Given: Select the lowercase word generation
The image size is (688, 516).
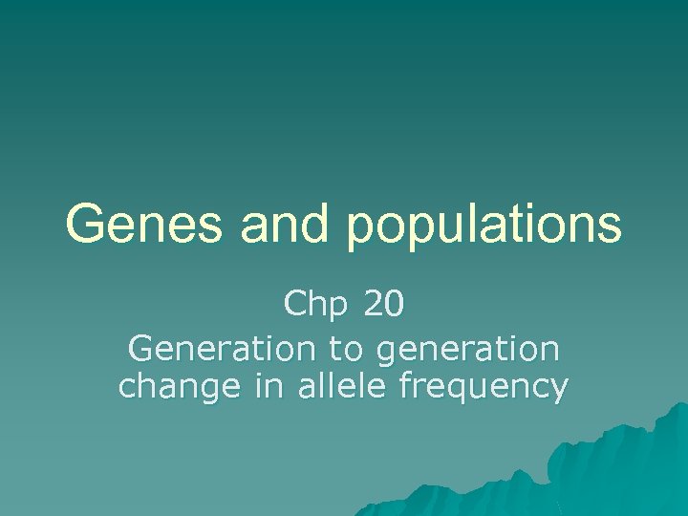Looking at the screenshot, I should [x=468, y=350].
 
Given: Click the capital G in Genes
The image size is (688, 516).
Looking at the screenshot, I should [x=85, y=225].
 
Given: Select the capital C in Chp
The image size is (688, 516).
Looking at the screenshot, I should [x=294, y=305].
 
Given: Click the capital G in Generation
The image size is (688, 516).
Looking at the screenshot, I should [x=139, y=348].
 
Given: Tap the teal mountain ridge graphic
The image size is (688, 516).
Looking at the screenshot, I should [x=612, y=468].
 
